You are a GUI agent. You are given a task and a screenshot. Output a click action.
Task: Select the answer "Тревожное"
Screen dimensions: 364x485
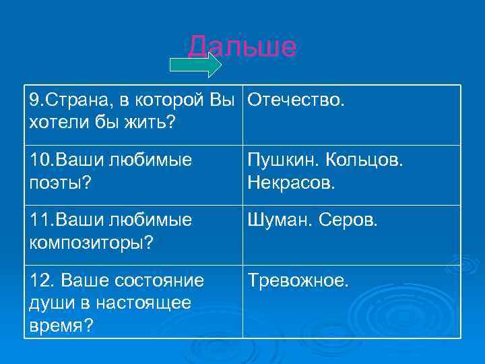298,280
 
